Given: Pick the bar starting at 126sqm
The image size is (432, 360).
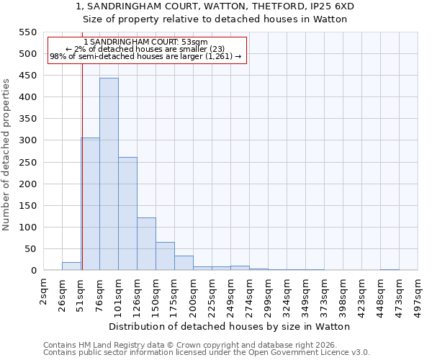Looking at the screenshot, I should pyautogui.click(x=146, y=244).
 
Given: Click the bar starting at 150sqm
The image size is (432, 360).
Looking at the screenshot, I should pyautogui.click(x=165, y=256).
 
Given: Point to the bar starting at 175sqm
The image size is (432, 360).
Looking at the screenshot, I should pyautogui.click(x=184, y=263).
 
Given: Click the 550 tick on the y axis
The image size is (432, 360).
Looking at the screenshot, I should pyautogui.click(x=27, y=32).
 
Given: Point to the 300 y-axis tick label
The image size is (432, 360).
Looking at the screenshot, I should pyautogui.click(x=27, y=140).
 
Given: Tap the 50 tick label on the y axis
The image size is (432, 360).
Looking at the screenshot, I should pyautogui.click(x=30, y=249).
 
